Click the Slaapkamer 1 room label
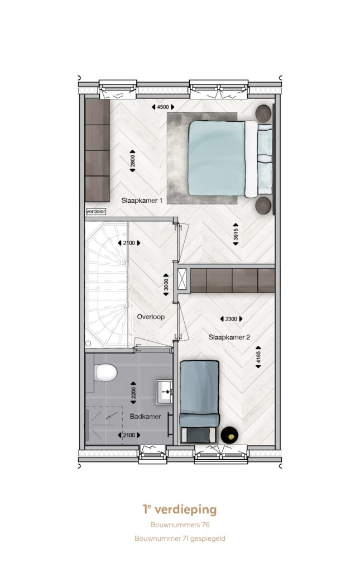pos(142,201)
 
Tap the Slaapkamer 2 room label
pos(229,337)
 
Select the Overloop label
pos(151,317)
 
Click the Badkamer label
pos(145,416)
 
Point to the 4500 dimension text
pos(163,107)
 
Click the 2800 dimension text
pos(133,161)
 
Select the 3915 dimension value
pos(236,234)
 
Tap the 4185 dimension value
pos(258,357)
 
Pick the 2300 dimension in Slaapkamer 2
pos(231,319)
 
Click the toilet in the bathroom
pos(105,373)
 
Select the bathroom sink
pos(164,392)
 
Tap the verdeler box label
pos(96,211)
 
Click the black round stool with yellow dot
pos(229,435)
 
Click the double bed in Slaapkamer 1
pos(230,159)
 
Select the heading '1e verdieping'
pos(180,509)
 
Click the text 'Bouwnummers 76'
pos(180,525)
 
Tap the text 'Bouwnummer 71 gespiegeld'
pos(180,538)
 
